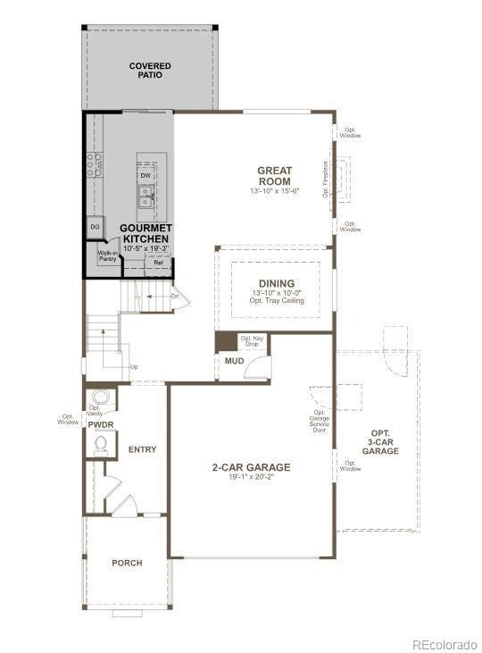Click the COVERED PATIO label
pos(149,71)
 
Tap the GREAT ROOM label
pos(274,175)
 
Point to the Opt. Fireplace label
pos(326,179)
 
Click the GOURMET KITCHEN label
pos(145,234)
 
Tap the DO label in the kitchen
pos(95,228)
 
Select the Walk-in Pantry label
pos(107,256)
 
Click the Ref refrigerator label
pos(158,263)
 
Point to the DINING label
pos(278,283)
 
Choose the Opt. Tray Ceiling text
pos(278,301)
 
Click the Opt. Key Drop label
pos(252,341)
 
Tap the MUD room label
pos(234,362)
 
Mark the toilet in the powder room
pos(100,441)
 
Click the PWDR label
pos(100,424)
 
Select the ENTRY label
pos(143,449)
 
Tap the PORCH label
pos(127,563)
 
